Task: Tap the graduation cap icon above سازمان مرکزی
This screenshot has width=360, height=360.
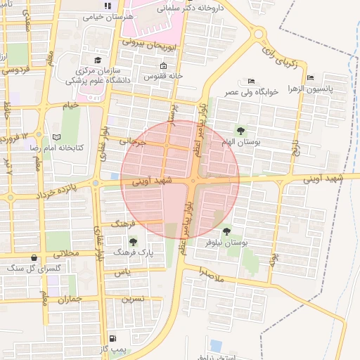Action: click(x=98, y=60)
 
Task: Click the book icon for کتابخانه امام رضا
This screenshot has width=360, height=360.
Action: click(x=57, y=136)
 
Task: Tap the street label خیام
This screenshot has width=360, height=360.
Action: click(x=71, y=105)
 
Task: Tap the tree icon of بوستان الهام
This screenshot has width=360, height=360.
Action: click(x=241, y=131)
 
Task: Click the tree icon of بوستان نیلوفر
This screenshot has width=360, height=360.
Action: click(x=226, y=231)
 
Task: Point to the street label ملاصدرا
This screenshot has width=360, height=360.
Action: click(x=210, y=275)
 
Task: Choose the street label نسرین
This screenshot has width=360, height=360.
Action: click(x=133, y=298)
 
